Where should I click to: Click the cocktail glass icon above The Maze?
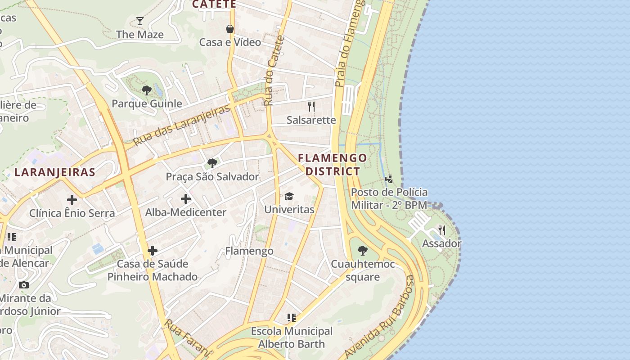click(x=140, y=21)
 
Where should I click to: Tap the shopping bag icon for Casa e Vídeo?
click(x=230, y=29)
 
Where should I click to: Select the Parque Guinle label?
click(x=147, y=103)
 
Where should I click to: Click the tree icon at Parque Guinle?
click(x=147, y=90)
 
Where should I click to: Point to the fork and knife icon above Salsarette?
click(x=311, y=106)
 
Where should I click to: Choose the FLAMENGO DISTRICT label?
click(x=333, y=165)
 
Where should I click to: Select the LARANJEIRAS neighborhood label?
click(x=55, y=172)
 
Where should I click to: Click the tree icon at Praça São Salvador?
click(x=212, y=163)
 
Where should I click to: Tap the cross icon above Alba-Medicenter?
click(x=186, y=198)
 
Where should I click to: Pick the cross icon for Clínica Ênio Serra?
click(x=72, y=199)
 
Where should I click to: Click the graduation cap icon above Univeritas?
click(x=289, y=196)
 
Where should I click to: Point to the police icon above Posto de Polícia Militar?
click(x=389, y=179)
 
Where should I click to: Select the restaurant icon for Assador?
click(x=442, y=230)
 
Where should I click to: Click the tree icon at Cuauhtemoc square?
click(x=363, y=251)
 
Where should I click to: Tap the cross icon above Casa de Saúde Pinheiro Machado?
click(x=153, y=250)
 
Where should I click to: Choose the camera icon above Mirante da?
click(x=24, y=285)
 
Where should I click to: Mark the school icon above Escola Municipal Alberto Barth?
click(x=292, y=318)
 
